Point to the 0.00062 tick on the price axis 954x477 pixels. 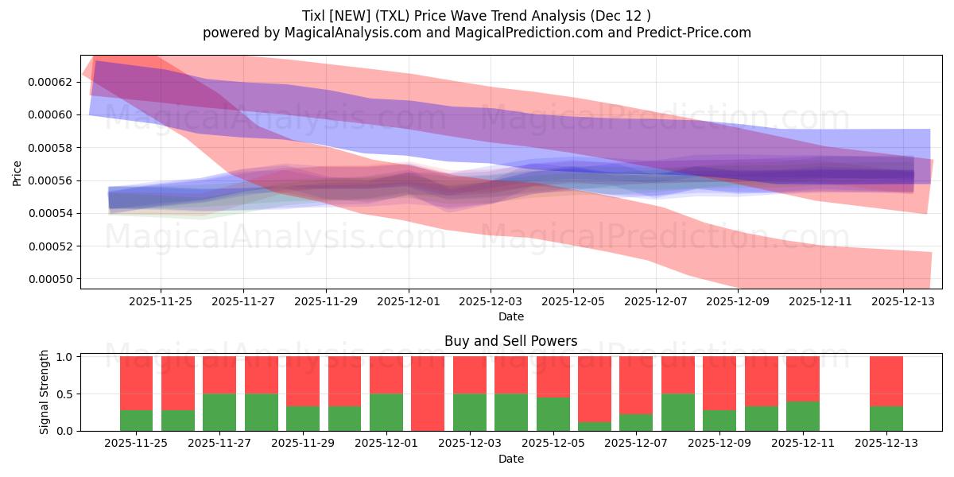50,82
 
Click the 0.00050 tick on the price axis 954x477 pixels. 50,279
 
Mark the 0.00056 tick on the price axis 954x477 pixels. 50,180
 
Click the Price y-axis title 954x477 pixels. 17,173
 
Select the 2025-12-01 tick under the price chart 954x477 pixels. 409,302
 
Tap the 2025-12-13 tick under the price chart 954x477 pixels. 903,302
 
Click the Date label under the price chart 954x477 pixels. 510,316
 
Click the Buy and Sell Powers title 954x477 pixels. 510,342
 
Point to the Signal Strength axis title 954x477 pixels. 45,392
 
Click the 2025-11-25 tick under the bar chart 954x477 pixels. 137,444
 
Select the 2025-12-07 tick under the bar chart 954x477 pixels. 636,444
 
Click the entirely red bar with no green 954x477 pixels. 428,394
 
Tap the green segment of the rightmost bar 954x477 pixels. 886,418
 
